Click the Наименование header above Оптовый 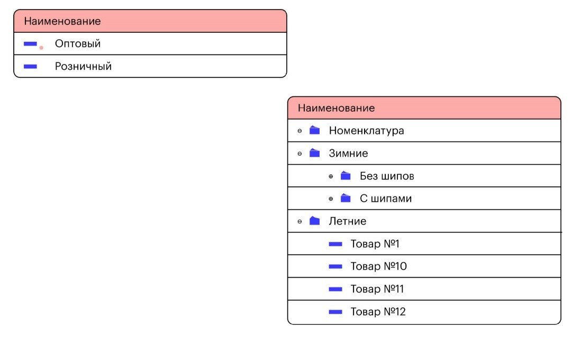(62, 21)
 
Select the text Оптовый (78, 44)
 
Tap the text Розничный (83, 67)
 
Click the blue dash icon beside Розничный (30, 67)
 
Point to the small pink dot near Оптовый (41, 48)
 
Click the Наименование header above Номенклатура (337, 108)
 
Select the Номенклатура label (366, 131)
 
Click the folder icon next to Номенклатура (314, 130)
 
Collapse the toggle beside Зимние (299, 154)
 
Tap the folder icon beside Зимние (314, 152)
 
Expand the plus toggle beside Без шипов (331, 176)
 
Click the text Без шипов (387, 176)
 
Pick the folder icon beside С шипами (346, 198)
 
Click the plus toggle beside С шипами (331, 199)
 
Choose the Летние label (347, 221)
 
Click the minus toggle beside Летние (299, 222)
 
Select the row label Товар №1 (375, 244)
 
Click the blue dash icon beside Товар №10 (335, 266)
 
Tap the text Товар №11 (377, 289)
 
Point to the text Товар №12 (378, 312)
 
